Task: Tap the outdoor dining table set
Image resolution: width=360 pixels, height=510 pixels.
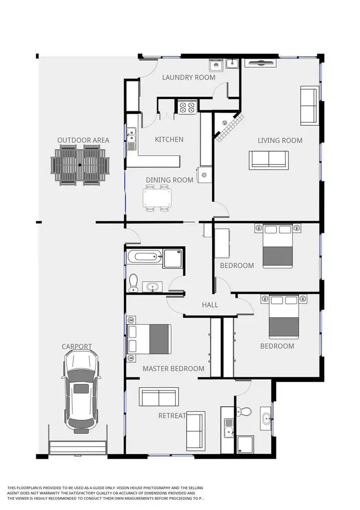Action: tap(80, 166)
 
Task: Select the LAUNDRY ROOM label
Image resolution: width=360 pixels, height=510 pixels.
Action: tap(188, 77)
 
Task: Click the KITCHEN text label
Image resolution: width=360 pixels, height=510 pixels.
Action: tap(169, 140)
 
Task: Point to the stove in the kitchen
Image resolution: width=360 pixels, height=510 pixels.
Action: tap(187, 107)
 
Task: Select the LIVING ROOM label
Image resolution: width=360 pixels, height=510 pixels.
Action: tap(280, 141)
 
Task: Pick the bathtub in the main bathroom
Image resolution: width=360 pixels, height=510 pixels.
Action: tap(145, 256)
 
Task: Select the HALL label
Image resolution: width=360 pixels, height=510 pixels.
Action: tap(210, 305)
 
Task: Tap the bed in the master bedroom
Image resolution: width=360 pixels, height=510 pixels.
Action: tap(149, 339)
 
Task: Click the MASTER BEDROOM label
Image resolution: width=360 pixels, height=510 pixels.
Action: tap(173, 369)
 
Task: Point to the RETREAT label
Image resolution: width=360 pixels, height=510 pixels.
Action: tap(172, 415)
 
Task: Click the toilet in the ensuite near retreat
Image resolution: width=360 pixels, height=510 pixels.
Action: tap(245, 412)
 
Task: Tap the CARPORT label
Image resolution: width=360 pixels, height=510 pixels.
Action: tap(76, 346)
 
